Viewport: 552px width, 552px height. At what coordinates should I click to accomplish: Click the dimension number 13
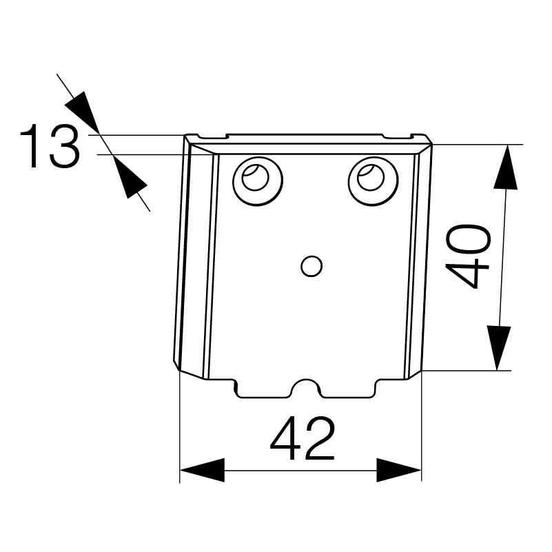(x=50, y=145)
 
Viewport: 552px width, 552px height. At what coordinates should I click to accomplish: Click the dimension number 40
(x=467, y=256)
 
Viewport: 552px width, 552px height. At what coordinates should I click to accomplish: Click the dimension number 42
(x=302, y=438)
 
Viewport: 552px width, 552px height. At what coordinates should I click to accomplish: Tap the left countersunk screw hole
(x=258, y=181)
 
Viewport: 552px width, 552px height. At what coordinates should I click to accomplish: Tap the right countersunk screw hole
(x=373, y=181)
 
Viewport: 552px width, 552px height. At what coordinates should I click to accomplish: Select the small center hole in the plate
(x=311, y=266)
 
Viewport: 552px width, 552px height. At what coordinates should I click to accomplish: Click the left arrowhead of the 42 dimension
(x=202, y=470)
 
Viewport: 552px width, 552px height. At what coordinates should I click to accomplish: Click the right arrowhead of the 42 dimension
(x=399, y=470)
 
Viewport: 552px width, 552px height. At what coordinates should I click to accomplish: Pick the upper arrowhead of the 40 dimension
(x=506, y=167)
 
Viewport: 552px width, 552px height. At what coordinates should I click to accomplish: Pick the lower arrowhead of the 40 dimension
(x=499, y=348)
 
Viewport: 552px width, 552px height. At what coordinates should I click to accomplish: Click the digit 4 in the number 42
(x=285, y=438)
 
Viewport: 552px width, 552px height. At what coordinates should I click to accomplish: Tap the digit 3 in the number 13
(x=65, y=145)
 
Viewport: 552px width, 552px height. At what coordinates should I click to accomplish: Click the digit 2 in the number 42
(x=319, y=438)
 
